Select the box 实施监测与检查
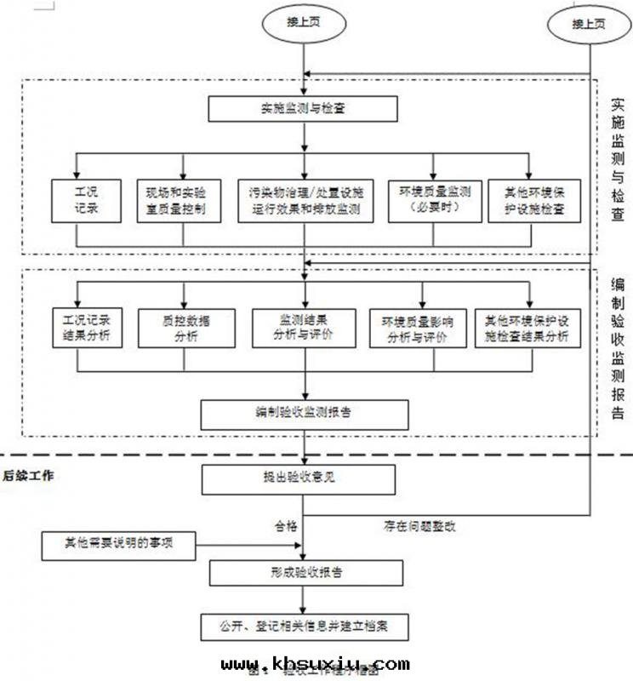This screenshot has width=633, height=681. click(x=303, y=108)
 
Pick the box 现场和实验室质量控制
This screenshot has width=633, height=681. click(x=182, y=200)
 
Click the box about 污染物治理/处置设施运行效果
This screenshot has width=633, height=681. click(x=305, y=200)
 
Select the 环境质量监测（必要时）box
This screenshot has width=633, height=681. click(x=434, y=200)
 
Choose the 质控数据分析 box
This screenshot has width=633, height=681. click(x=185, y=328)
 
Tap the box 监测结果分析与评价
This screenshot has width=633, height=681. click(x=304, y=328)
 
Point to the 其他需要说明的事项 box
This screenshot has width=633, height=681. click(x=118, y=541)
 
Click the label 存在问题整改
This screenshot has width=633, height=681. click(x=419, y=526)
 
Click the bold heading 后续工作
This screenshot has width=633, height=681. click(x=29, y=476)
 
